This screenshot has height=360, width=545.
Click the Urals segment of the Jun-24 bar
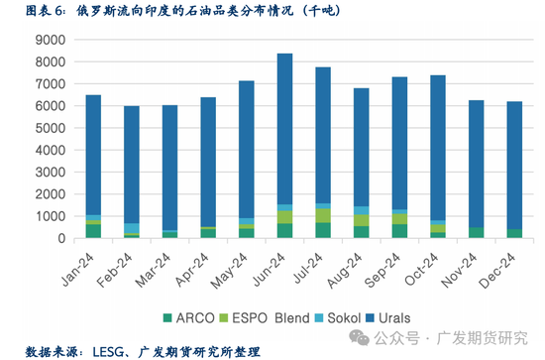tap(284, 129)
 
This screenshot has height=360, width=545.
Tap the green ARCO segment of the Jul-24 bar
tap(323, 231)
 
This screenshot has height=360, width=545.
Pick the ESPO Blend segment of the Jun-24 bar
tap(284, 217)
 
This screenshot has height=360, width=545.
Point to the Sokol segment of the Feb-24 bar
tap(132, 229)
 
